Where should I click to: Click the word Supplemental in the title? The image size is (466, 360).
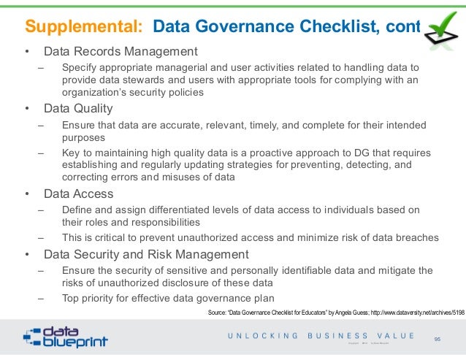(x=83, y=28)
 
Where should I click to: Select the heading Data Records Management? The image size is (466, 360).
(x=121, y=52)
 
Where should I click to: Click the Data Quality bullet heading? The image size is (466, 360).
(x=78, y=110)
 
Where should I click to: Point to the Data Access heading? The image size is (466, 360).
(x=78, y=194)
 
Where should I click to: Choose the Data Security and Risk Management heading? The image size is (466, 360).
(x=146, y=255)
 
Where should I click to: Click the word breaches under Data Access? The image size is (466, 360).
(x=417, y=237)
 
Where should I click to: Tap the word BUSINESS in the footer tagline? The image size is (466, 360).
(x=347, y=336)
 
